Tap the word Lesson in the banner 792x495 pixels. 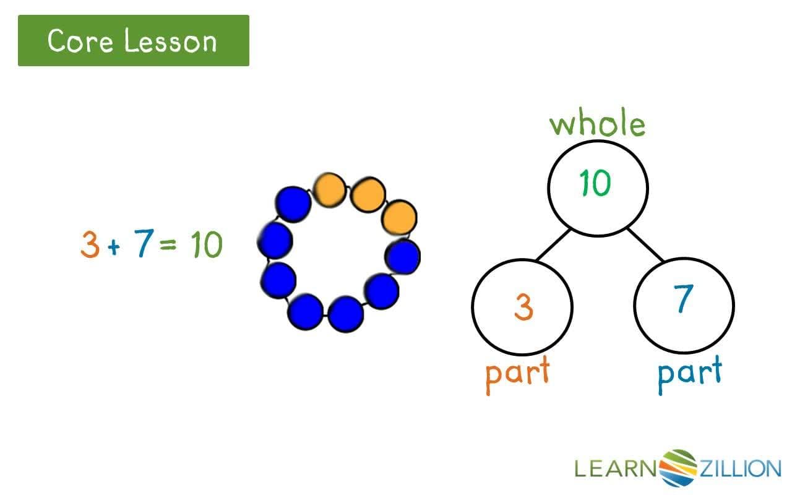coord(170,41)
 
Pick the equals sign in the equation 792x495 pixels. coord(168,246)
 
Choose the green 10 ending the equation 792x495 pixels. coord(206,245)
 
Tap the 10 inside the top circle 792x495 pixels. coord(595,183)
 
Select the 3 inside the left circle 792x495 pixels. coord(523,306)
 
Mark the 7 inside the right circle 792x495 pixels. coord(682,299)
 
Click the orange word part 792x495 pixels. coord(517,372)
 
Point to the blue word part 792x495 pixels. coord(689,372)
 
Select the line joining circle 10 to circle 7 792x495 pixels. coord(645,244)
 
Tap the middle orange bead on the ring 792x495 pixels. coord(368,194)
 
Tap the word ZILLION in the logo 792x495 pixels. coord(739,468)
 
